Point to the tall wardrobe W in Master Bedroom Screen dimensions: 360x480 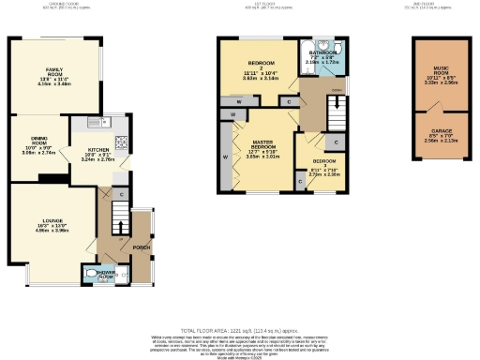tap(225, 156)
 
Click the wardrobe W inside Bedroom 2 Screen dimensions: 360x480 tap(241, 100)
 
